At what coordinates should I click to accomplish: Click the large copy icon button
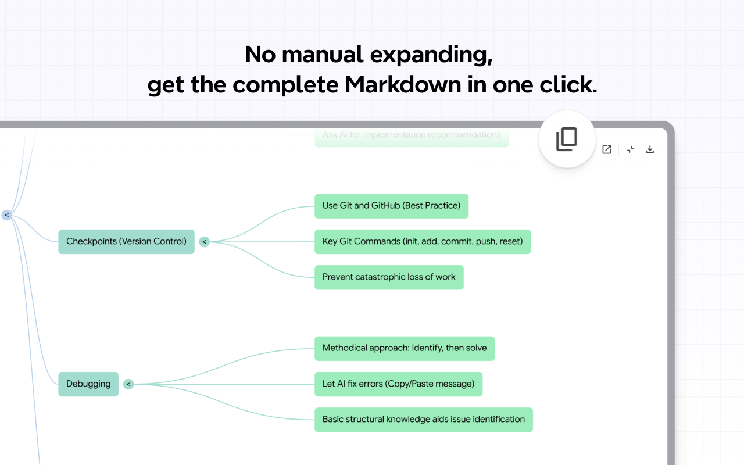point(567,139)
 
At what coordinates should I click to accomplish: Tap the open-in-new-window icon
point(607,149)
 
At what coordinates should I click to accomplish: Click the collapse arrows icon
point(631,149)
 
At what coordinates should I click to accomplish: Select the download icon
point(650,149)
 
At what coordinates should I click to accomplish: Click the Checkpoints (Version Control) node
point(126,242)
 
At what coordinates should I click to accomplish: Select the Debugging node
point(88,384)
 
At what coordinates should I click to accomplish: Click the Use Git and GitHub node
point(391,206)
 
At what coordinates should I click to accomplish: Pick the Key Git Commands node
point(422,242)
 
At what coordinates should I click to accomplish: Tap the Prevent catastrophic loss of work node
point(389,277)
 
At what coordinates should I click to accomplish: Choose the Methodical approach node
point(404,348)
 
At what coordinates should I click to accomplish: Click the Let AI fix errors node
point(398,384)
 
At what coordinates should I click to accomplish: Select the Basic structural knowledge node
point(423,420)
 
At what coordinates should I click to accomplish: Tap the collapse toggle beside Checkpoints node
point(204,242)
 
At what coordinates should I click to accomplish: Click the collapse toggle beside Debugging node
point(128,384)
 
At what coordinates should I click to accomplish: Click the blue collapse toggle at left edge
point(6,215)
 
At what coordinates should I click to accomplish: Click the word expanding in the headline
point(430,55)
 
